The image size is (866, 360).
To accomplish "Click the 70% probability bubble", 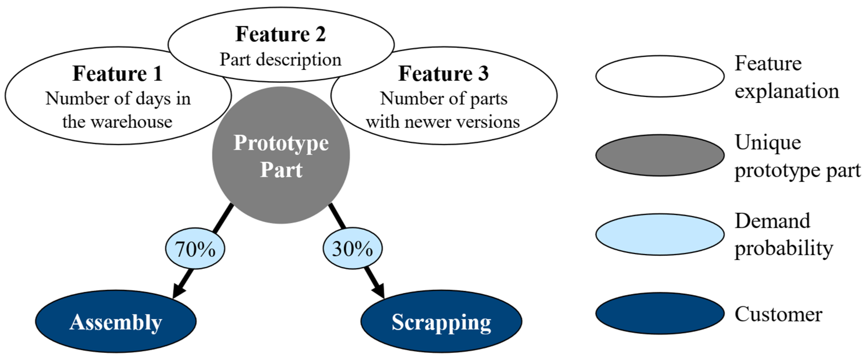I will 195,248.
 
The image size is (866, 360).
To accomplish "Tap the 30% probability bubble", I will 352,248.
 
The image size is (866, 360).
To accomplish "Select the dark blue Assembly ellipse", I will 116,322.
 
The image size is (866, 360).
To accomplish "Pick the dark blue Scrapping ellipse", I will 441,322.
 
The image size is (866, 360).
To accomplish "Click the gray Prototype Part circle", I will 281,155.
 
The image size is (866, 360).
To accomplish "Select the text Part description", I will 281,60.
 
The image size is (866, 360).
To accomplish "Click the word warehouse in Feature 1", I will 132,122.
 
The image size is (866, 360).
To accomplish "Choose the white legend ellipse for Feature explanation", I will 660,76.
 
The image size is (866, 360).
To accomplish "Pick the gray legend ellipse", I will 660,155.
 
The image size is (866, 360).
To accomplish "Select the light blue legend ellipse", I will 660,234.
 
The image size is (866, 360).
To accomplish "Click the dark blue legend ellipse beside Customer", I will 660,313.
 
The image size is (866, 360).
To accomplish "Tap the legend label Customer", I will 778,314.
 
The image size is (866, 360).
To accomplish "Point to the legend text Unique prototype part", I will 797,156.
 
